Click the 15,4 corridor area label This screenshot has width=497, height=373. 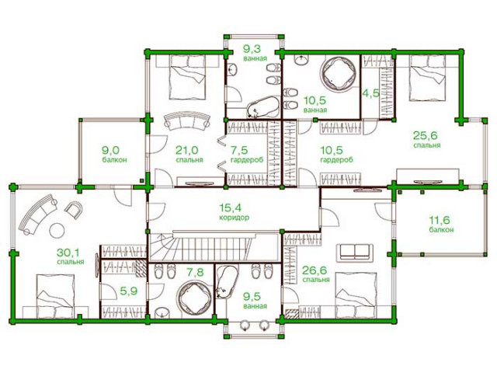click(235, 212)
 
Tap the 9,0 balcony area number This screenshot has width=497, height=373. click(110, 149)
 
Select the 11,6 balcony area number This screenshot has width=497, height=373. click(440, 219)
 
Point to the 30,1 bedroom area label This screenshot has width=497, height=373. click(71, 257)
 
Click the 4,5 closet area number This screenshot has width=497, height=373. click(370, 93)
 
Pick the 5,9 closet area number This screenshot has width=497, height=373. click(129, 291)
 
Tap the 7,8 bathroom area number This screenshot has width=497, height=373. click(195, 272)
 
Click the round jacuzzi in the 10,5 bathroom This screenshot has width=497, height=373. click(338, 73)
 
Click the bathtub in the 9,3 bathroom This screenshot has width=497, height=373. click(262, 107)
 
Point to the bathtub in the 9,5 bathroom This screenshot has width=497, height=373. click(226, 282)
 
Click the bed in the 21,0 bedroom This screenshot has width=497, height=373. click(188, 77)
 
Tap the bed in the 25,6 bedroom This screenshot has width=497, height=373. click(428, 77)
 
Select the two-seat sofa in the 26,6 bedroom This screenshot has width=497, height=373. click(355, 253)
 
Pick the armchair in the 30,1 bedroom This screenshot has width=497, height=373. click(74, 210)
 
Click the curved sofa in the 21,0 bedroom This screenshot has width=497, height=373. click(187, 120)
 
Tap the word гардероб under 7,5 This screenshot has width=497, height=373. click(247, 159)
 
